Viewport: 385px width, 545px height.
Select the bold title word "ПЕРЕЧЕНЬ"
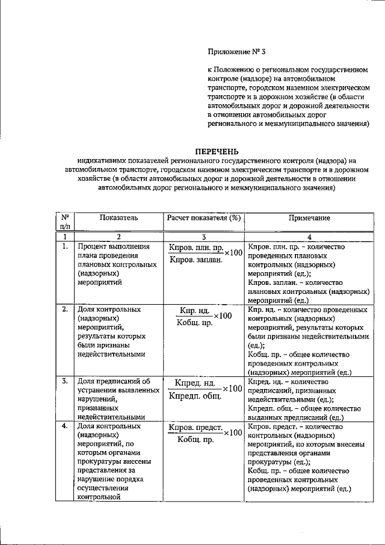coord(217,151)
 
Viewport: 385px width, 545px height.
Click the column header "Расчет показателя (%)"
coord(204,217)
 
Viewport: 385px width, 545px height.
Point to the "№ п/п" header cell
coord(64,222)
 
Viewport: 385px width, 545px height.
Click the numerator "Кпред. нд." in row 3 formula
coord(195,383)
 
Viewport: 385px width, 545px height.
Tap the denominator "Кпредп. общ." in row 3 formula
coord(195,396)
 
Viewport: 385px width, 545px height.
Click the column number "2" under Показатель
coord(119,237)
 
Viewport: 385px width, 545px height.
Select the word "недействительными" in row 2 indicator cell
coord(111,354)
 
